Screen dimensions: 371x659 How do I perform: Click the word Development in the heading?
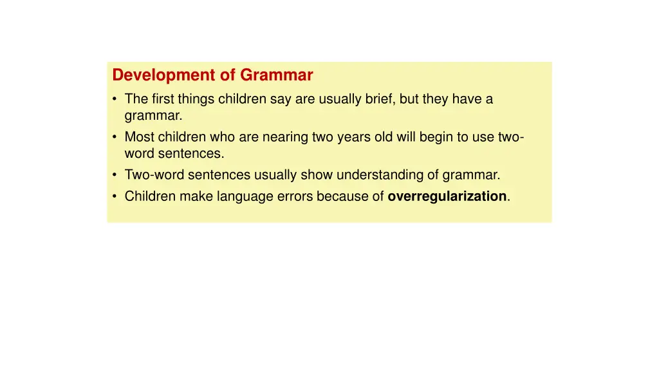(x=164, y=75)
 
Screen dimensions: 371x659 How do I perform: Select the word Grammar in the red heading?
(x=277, y=75)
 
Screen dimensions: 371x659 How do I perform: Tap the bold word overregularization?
(x=447, y=196)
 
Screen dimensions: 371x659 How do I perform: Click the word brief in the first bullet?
(x=380, y=99)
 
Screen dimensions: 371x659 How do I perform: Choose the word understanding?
(x=381, y=175)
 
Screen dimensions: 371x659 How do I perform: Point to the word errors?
(x=295, y=196)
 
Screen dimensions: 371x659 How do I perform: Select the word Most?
(x=138, y=137)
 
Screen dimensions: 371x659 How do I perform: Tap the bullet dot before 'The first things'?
(x=115, y=99)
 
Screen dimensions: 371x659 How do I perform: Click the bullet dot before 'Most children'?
(x=115, y=137)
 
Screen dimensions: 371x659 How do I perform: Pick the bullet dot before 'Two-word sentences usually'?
(x=115, y=175)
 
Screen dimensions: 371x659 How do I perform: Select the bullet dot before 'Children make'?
(x=115, y=196)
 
